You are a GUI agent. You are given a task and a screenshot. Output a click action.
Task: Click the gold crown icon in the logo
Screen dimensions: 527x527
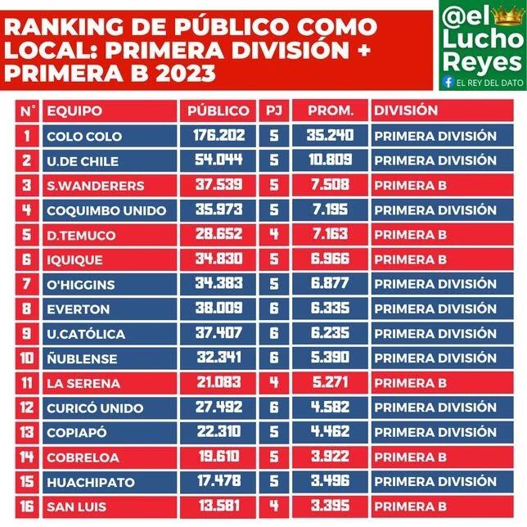[508, 16]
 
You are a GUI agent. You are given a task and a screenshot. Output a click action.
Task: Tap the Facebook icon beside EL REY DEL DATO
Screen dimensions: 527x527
[448, 82]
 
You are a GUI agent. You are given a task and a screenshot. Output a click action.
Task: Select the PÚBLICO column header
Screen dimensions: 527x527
[218, 111]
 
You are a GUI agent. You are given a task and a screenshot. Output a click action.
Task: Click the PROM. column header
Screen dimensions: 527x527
[331, 111]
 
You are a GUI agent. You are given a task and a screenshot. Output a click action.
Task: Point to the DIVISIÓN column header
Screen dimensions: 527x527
[406, 110]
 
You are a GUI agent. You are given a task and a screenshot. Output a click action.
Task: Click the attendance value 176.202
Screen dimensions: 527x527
[218, 135]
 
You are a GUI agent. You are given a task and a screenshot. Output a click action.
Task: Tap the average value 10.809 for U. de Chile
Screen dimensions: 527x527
[331, 160]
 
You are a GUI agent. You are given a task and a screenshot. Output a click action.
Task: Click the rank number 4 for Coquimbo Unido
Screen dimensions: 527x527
[26, 210]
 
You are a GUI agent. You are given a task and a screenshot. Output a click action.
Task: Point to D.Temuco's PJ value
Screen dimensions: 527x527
[274, 234]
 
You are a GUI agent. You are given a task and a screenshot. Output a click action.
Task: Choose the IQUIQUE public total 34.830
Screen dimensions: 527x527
[218, 259]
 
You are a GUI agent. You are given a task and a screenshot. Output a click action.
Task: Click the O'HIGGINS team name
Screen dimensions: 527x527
[81, 285]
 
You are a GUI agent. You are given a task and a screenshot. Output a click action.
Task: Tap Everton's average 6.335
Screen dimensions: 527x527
[330, 309]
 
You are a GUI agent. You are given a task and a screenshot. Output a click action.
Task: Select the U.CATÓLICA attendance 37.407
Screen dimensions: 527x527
[218, 333]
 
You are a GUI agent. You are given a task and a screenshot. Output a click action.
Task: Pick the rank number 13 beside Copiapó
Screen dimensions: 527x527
[26, 432]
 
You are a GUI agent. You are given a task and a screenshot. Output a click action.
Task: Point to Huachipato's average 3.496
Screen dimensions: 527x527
[330, 481]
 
